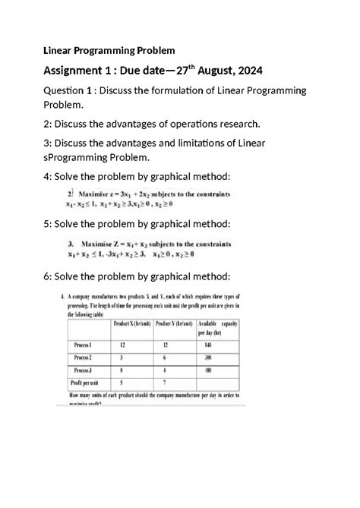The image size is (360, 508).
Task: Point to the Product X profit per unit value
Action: click(120, 383)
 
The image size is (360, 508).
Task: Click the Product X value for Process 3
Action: click(120, 371)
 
